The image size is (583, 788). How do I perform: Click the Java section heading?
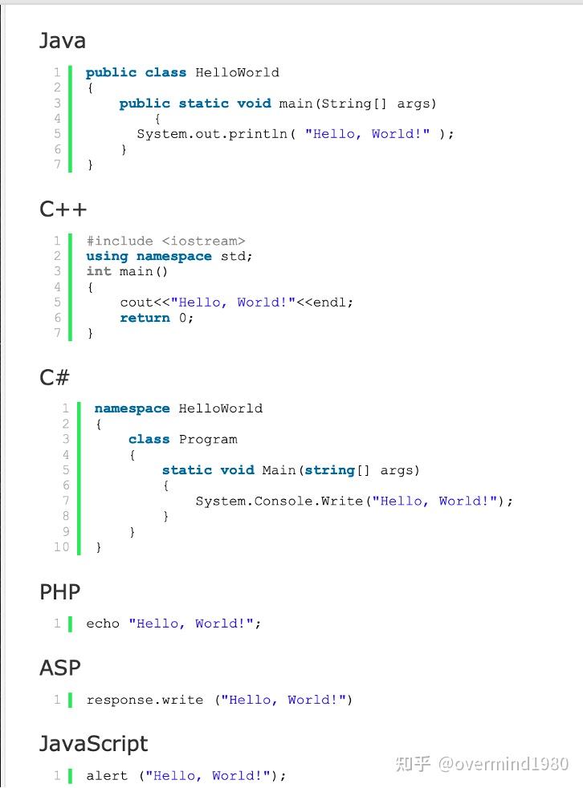tap(63, 40)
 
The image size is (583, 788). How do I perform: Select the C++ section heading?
tap(63, 209)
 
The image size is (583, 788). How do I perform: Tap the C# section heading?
tap(55, 377)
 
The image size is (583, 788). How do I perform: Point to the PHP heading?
tap(60, 592)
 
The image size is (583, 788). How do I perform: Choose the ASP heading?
tap(60, 668)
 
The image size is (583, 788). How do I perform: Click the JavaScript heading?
tap(94, 744)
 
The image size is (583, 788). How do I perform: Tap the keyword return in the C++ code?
tap(145, 318)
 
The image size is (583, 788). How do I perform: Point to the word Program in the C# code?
tap(208, 439)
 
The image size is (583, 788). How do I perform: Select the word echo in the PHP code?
tap(103, 623)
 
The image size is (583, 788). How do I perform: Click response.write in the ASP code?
tap(145, 700)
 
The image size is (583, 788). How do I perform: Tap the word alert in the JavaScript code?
tap(107, 775)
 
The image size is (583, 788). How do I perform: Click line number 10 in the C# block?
tap(62, 547)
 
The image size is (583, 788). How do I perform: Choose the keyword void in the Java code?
tap(254, 104)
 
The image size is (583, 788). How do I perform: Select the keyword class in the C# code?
tap(149, 439)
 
